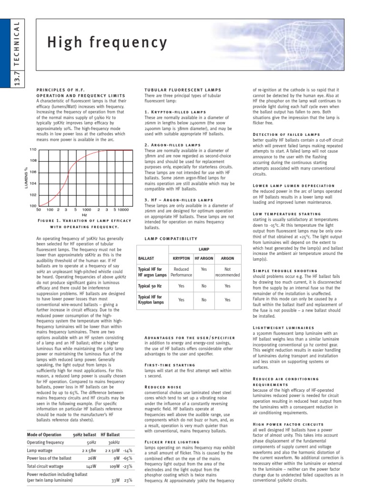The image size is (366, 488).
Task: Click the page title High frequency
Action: (107, 43)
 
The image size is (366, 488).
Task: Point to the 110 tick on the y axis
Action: (32, 150)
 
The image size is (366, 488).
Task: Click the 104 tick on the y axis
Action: (32, 183)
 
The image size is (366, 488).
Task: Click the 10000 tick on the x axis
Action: (123, 210)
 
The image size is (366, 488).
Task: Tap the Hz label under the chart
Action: (84, 215)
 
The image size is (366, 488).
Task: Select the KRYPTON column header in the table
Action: (181, 258)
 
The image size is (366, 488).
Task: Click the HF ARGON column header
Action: (204, 258)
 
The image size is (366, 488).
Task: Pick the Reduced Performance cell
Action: (181, 272)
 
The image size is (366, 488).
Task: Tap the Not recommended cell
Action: (227, 272)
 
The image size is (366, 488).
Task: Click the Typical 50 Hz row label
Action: (151, 286)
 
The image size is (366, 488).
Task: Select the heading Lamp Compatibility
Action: (170, 238)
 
